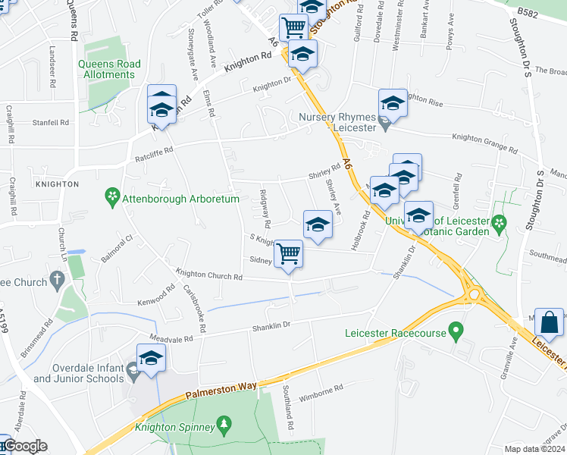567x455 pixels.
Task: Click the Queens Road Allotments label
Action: (109, 70)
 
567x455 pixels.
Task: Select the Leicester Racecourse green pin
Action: (456, 331)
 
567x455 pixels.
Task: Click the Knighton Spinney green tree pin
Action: (224, 423)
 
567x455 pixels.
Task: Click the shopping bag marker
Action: (549, 323)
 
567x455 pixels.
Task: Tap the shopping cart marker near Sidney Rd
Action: (289, 253)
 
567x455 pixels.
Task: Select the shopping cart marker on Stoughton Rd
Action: (293, 27)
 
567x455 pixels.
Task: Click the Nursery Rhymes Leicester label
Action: (337, 123)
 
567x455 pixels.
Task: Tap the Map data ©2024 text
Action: (534, 449)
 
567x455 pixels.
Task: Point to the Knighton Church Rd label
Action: (209, 275)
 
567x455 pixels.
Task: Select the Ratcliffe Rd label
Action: (155, 149)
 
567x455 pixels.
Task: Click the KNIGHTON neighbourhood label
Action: (57, 184)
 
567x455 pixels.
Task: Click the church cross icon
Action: (57, 281)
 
